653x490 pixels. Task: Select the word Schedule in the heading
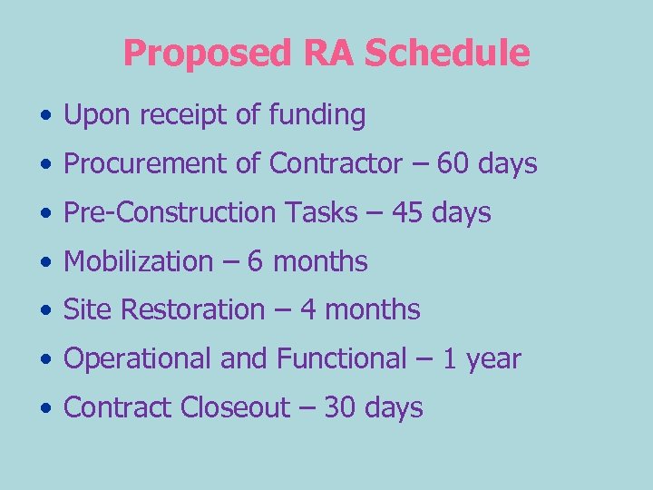tap(447, 53)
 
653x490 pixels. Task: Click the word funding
tap(317, 116)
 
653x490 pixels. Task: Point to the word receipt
tap(196, 116)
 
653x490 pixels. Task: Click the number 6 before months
tap(255, 262)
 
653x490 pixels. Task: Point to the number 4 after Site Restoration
tap(307, 310)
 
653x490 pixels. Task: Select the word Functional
tap(341, 359)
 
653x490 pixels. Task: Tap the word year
tap(494, 359)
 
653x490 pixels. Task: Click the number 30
tap(338, 408)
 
